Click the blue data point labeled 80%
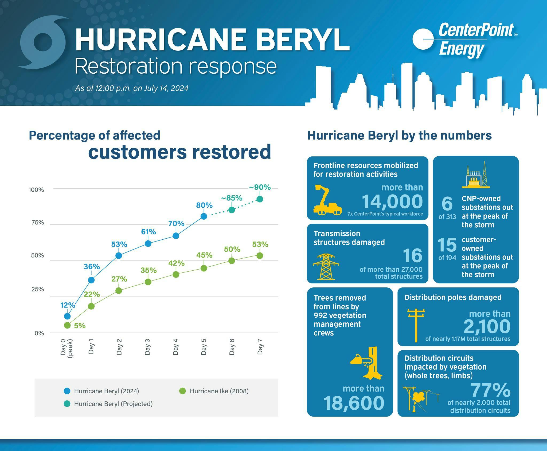pyautogui.click(x=204, y=216)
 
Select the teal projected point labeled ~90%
pyautogui.click(x=260, y=199)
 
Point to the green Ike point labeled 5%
pyautogui.click(x=67, y=325)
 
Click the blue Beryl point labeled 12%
pyautogui.click(x=67, y=316)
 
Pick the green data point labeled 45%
pyautogui.click(x=204, y=268)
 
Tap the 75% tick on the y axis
pyautogui.click(x=38, y=223)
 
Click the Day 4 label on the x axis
pyautogui.click(x=175, y=347)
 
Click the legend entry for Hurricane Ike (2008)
pyautogui.click(x=214, y=391)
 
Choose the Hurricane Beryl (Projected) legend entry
pyautogui.click(x=108, y=404)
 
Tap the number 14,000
pyautogui.click(x=392, y=201)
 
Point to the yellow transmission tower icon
pyautogui.click(x=326, y=267)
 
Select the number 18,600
pyautogui.click(x=354, y=403)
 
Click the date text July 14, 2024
pyautogui.click(x=166, y=88)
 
